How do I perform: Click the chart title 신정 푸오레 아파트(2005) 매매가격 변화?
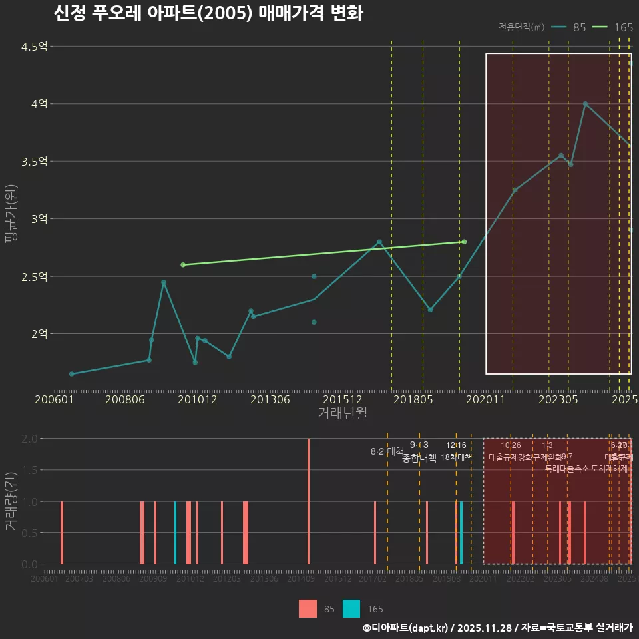(208, 13)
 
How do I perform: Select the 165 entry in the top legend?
(623, 27)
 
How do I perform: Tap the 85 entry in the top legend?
(579, 27)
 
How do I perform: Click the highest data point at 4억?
(585, 104)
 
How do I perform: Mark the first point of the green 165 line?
(183, 265)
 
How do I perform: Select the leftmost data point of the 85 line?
(71, 374)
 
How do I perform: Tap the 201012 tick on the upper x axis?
(198, 400)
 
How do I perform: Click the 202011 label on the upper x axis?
(485, 400)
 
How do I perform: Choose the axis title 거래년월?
(342, 413)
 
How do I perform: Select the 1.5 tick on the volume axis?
(29, 470)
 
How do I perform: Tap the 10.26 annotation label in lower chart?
(511, 445)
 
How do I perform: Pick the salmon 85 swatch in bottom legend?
(308, 608)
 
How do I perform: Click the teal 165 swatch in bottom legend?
(351, 608)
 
